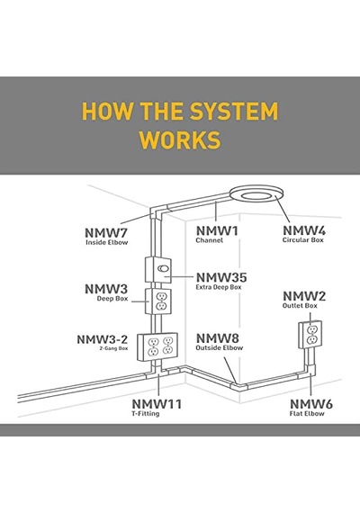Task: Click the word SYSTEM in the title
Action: point(234,112)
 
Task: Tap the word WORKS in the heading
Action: point(180,139)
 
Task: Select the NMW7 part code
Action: point(105,233)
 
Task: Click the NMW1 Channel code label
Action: point(217,231)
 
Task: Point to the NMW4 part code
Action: point(304,230)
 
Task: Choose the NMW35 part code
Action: point(221,278)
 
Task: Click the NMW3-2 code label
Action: point(102,339)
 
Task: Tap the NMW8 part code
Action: point(218,338)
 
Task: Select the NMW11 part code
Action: point(157,404)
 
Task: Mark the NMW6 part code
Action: point(311,404)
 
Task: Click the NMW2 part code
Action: point(304,296)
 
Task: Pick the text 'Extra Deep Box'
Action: point(219,287)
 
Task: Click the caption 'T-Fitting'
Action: point(146,413)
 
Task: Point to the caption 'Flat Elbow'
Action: point(307,413)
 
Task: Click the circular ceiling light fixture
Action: point(256,194)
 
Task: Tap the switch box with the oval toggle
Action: point(158,270)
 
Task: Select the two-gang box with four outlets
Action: point(157,346)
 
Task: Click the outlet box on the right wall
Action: point(310,335)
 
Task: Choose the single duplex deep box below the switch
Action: point(158,301)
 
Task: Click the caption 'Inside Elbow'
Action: point(107,242)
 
